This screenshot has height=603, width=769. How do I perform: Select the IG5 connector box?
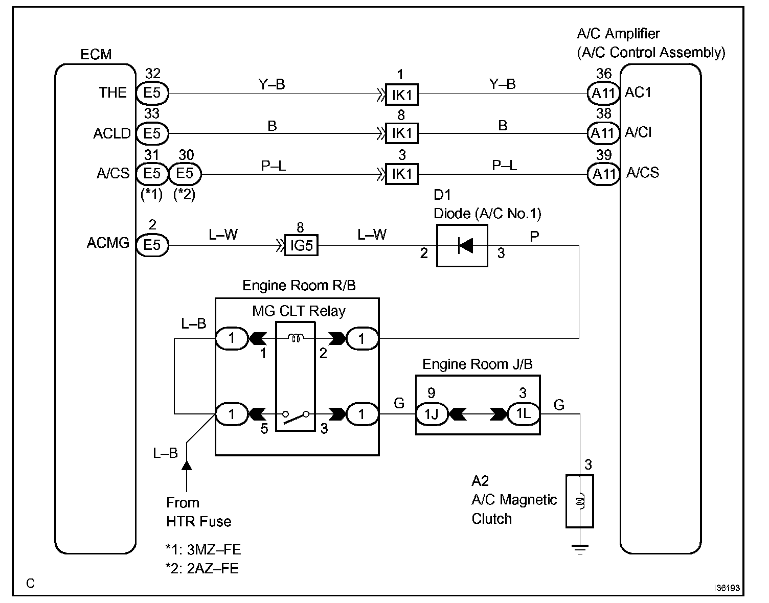[x=302, y=245]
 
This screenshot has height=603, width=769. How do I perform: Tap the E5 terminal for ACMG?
[x=152, y=245]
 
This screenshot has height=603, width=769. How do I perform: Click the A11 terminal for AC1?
[x=603, y=94]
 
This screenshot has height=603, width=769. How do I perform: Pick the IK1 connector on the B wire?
[x=402, y=133]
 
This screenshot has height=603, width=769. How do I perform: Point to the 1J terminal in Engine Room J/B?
[x=432, y=414]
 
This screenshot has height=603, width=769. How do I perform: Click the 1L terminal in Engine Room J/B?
[x=524, y=414]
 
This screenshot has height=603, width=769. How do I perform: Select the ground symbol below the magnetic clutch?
[x=580, y=549]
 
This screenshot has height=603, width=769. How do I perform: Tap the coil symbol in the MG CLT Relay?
[x=296, y=338]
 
